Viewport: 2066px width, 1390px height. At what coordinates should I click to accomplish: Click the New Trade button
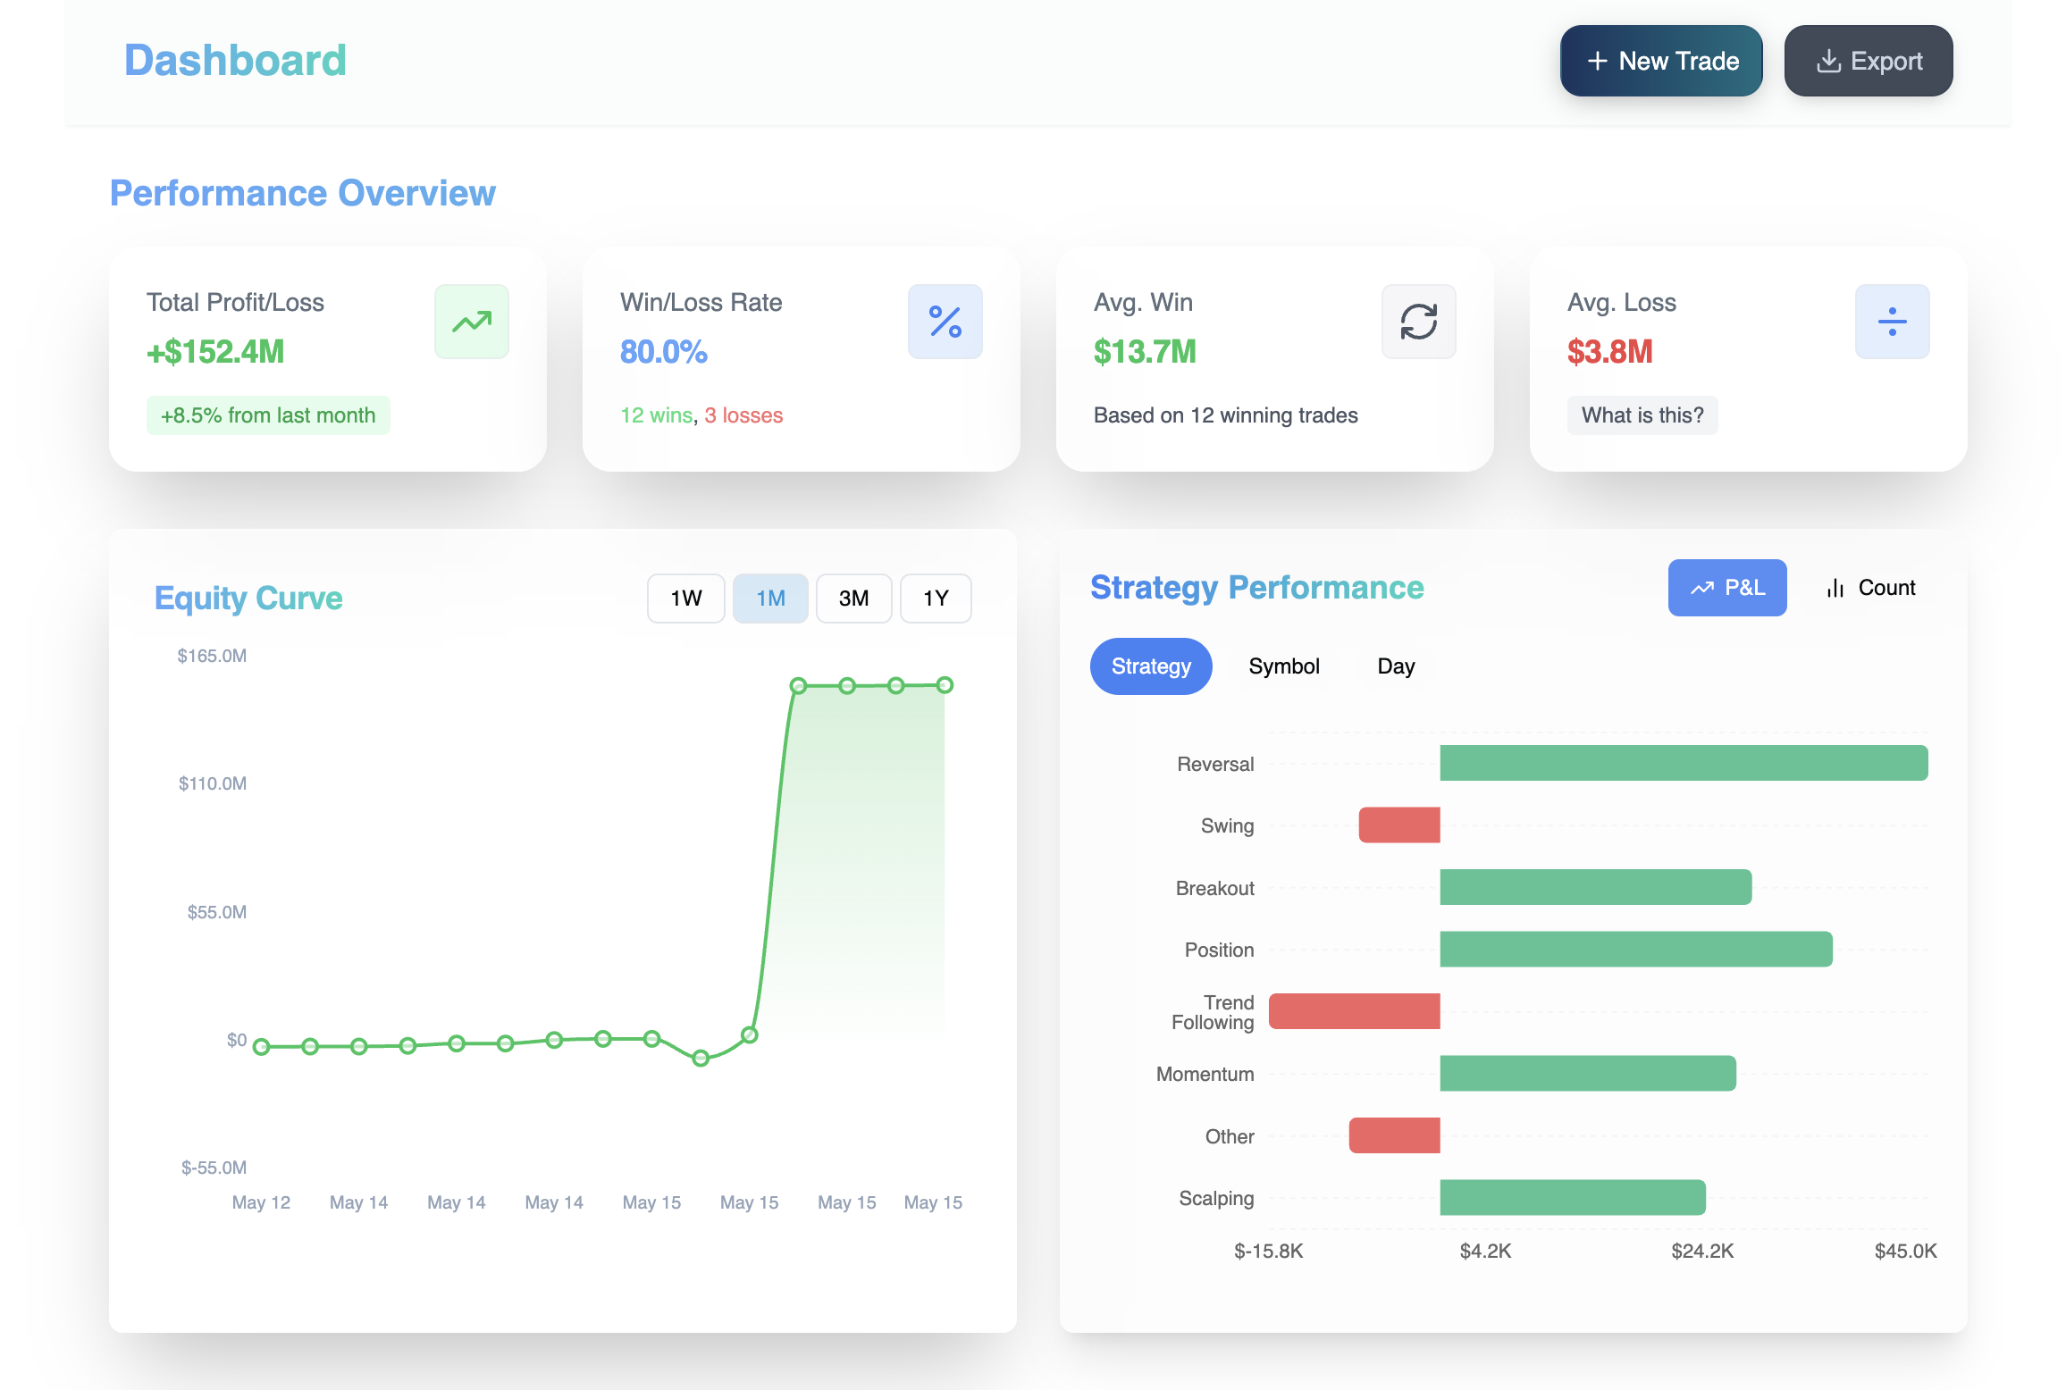tap(1660, 61)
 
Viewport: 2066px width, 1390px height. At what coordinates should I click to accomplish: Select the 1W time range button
tap(685, 598)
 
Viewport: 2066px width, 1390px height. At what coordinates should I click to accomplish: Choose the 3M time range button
tap(853, 598)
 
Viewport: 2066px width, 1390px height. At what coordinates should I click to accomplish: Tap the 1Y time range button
tap(935, 598)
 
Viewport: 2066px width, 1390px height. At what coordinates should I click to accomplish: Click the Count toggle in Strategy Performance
tap(1870, 588)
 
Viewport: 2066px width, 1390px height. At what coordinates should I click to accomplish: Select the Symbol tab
tap(1283, 666)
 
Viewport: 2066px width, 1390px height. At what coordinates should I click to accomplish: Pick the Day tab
tap(1395, 666)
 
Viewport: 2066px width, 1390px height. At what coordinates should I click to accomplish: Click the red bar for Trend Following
tap(1354, 1011)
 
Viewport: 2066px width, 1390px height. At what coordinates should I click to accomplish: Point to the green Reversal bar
tap(1683, 763)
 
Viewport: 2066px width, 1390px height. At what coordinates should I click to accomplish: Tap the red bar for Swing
tap(1398, 825)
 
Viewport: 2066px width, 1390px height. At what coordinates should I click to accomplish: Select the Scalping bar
tap(1572, 1198)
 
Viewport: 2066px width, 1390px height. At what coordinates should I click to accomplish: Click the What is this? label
tap(1642, 415)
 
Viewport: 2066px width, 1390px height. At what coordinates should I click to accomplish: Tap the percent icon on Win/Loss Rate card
tap(945, 322)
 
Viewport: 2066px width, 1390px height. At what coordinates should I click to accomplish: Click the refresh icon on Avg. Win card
tap(1418, 322)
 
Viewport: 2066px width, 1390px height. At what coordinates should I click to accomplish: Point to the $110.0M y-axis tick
tap(213, 783)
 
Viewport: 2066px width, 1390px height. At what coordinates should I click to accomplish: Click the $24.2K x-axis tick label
tap(1701, 1251)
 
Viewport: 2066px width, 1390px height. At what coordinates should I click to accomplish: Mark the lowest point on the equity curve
tap(701, 1059)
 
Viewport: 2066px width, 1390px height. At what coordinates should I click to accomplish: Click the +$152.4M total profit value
tap(215, 352)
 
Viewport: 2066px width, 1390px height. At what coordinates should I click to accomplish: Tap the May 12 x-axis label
tap(261, 1202)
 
